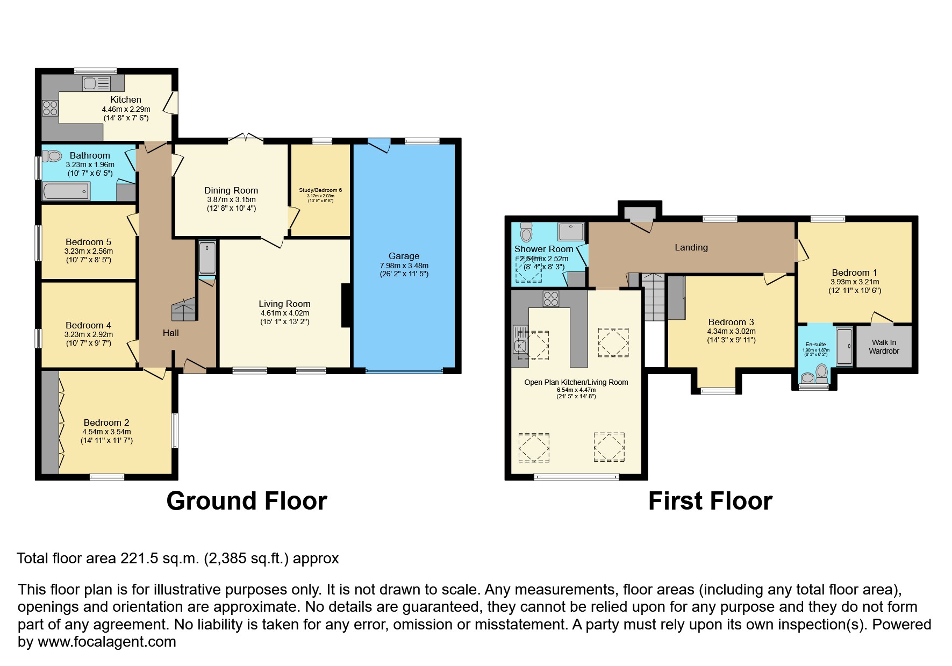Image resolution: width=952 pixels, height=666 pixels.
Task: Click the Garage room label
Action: pyautogui.click(x=404, y=256)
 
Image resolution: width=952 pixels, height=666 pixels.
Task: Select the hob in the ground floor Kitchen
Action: pyautogui.click(x=50, y=108)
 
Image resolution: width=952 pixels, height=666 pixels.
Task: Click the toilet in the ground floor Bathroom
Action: pyautogui.click(x=53, y=156)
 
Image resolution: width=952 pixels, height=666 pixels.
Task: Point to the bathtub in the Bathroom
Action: pyautogui.click(x=66, y=190)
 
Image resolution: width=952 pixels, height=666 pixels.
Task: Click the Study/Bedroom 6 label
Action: pyautogui.click(x=320, y=190)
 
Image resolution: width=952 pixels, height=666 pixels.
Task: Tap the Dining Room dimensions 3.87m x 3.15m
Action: pyautogui.click(x=231, y=199)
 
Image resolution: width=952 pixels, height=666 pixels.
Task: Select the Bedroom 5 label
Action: pyautogui.click(x=88, y=242)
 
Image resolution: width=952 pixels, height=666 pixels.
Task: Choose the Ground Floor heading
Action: pyautogui.click(x=247, y=500)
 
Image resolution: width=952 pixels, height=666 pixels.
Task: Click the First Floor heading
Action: pyautogui.click(x=710, y=500)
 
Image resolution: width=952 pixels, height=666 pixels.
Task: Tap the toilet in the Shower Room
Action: pyautogui.click(x=526, y=232)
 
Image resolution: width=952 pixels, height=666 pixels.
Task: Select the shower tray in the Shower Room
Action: pyautogui.click(x=571, y=232)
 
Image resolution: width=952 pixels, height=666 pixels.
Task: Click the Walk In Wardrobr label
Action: pyautogui.click(x=884, y=347)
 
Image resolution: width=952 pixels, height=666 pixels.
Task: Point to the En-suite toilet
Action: pyautogui.click(x=821, y=372)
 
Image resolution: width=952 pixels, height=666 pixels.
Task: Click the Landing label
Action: pyautogui.click(x=691, y=247)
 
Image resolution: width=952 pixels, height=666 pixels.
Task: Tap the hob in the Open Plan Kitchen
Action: pyautogui.click(x=551, y=298)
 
